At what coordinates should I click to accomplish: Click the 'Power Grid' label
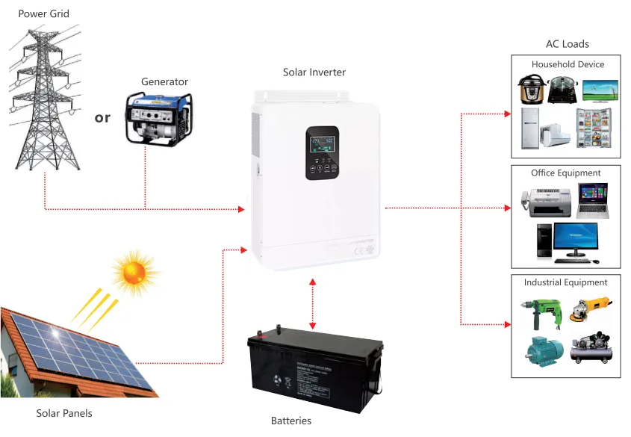(x=44, y=15)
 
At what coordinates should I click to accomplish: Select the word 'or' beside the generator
(x=102, y=117)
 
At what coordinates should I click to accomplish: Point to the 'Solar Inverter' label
(x=314, y=72)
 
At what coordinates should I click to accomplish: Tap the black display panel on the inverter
(x=322, y=152)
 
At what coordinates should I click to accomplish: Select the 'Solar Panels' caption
(x=64, y=413)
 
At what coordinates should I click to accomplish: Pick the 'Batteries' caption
(x=290, y=421)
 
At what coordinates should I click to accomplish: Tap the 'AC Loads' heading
(x=567, y=44)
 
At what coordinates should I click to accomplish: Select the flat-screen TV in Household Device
(x=600, y=90)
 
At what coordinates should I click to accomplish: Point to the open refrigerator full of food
(x=594, y=128)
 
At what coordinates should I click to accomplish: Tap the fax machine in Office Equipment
(x=545, y=201)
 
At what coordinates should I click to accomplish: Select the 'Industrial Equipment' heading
(x=565, y=282)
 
